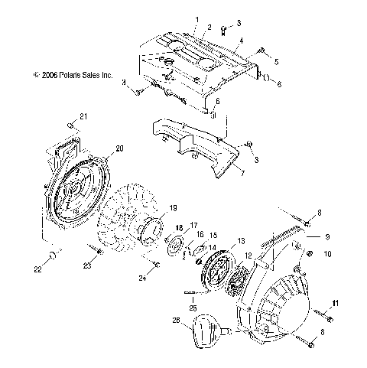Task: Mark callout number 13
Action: (x=242, y=240)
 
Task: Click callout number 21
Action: (x=85, y=116)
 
